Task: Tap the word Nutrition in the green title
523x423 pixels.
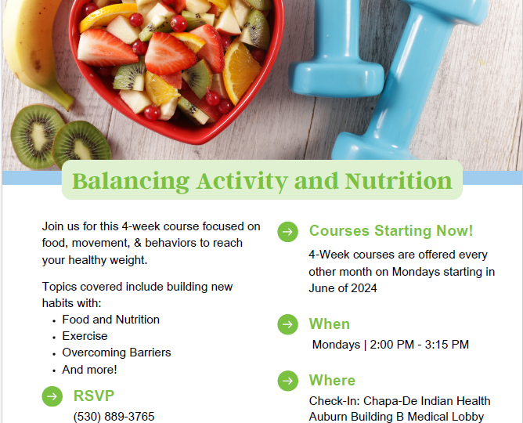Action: click(x=399, y=180)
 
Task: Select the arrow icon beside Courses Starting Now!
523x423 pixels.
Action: click(x=287, y=232)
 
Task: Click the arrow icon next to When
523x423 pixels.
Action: click(x=287, y=324)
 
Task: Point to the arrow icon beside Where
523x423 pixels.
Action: click(x=287, y=381)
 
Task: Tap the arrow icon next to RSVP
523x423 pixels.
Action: click(x=52, y=396)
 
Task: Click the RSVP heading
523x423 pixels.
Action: click(x=94, y=396)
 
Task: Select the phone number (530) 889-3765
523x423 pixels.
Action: click(x=114, y=416)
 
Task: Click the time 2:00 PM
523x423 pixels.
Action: click(x=392, y=344)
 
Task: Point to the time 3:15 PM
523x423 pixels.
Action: click(x=447, y=344)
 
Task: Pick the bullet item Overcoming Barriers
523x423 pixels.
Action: click(x=117, y=352)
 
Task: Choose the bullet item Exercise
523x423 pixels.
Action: click(x=85, y=336)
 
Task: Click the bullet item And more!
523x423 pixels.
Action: click(x=89, y=370)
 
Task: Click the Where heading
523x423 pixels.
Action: click(x=332, y=380)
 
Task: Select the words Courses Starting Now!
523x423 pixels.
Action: click(x=391, y=230)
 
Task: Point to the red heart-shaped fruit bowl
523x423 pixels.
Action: click(x=177, y=67)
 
